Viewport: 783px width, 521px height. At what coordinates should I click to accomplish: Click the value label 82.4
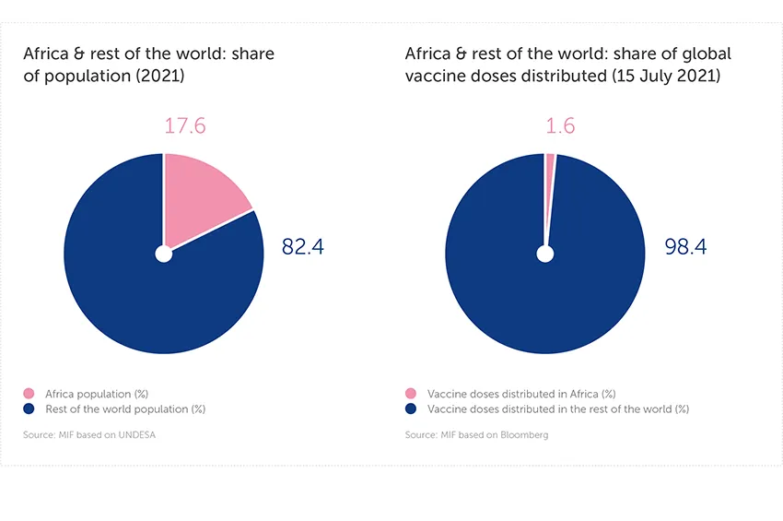[303, 247]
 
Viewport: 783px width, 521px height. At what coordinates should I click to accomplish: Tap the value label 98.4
[686, 247]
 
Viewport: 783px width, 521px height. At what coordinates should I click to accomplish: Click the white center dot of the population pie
[164, 254]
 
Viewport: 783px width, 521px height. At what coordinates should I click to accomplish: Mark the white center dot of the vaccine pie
[545, 254]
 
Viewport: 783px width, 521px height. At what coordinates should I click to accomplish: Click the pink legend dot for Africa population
[29, 394]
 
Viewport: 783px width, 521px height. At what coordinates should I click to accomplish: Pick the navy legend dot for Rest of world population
[29, 409]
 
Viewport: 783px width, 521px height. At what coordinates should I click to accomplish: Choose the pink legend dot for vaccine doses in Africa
[410, 394]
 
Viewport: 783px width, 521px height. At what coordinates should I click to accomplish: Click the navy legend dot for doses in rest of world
[410, 409]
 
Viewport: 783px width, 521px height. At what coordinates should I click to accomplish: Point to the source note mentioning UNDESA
[89, 434]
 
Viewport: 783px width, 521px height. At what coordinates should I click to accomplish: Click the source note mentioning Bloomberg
[476, 434]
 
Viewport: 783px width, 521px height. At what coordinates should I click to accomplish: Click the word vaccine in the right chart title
[432, 77]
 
